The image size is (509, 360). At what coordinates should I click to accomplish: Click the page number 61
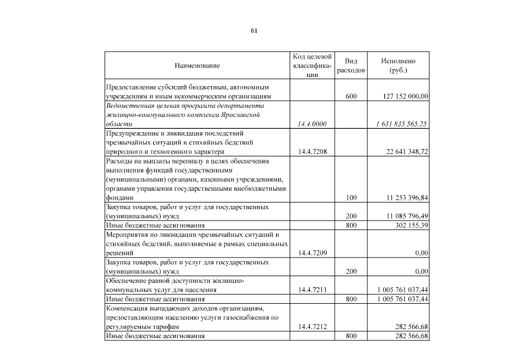tap(254, 31)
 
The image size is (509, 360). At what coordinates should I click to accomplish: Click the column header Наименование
tap(197, 66)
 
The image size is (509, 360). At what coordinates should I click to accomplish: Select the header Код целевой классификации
tap(312, 66)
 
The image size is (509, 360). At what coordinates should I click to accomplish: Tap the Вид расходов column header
tap(351, 66)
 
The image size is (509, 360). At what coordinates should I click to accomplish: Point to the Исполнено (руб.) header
tap(398, 66)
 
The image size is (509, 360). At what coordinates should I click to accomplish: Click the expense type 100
tap(351, 197)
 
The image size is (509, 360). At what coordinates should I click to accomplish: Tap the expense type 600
tap(351, 97)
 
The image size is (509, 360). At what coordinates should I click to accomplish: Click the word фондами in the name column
tap(119, 198)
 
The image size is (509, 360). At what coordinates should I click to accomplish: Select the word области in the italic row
tap(119, 124)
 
